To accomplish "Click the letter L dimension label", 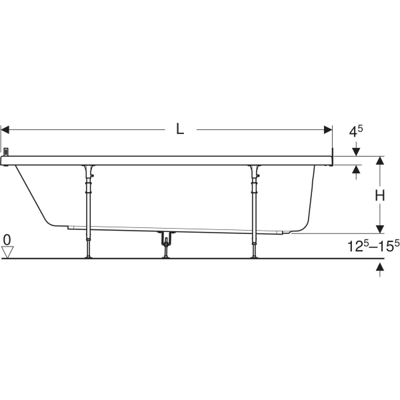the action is [x=180, y=129].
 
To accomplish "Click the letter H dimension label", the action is [x=380, y=196].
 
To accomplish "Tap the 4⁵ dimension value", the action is [x=355, y=131].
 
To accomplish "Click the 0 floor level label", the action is [x=7, y=240].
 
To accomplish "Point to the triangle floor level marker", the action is [x=7, y=252].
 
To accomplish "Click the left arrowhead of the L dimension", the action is [x=5, y=129].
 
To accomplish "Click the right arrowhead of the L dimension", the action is [x=328, y=129].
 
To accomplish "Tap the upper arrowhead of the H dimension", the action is [x=380, y=160].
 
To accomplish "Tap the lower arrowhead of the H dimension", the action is [x=380, y=229].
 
